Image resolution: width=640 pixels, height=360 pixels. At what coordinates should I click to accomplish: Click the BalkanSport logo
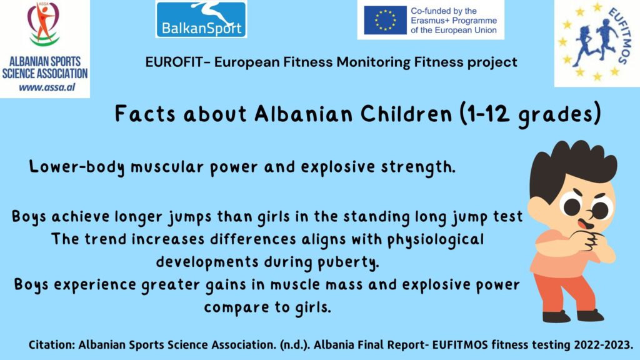(x=201, y=19)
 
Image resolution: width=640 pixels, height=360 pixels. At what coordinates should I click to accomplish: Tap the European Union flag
(x=385, y=20)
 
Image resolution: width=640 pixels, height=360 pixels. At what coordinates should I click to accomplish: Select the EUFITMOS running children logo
(x=597, y=42)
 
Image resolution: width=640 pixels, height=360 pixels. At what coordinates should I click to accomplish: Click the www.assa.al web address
(x=47, y=87)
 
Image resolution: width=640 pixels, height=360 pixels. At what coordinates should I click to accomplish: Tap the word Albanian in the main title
(x=303, y=114)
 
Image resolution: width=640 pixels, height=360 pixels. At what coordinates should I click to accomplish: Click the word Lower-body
(x=77, y=167)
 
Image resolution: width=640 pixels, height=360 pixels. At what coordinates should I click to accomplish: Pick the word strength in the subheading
(x=418, y=167)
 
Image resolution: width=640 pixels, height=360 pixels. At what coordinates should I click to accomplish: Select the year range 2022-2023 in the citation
(x=603, y=345)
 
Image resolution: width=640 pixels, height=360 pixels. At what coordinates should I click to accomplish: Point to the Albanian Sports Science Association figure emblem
(x=44, y=24)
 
